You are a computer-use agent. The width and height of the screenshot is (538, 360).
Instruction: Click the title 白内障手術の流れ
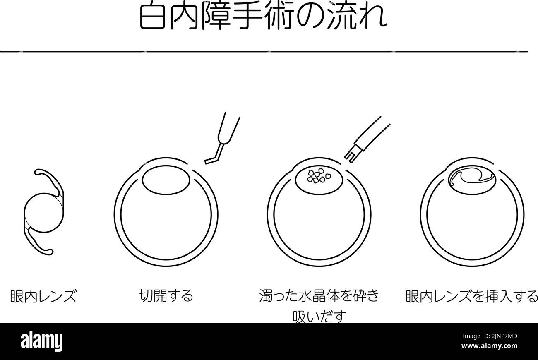(264, 16)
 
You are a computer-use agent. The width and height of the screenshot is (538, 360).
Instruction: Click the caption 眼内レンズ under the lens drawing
(43, 296)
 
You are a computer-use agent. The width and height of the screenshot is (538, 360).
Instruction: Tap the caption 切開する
(166, 295)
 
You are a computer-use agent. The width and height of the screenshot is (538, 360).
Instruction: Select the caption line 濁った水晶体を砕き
(319, 295)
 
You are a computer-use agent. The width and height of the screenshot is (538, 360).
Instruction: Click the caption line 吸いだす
(319, 316)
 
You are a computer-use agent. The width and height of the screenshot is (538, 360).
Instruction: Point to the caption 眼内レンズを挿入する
(472, 296)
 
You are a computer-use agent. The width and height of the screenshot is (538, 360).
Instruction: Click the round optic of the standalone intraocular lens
(44, 213)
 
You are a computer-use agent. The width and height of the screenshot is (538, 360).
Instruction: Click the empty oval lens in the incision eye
(166, 180)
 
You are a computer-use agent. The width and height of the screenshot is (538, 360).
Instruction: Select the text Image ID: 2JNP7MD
(490, 336)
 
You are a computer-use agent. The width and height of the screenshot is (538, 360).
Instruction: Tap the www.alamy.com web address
(489, 346)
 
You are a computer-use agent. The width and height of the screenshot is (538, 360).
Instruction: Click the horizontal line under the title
(264, 51)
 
